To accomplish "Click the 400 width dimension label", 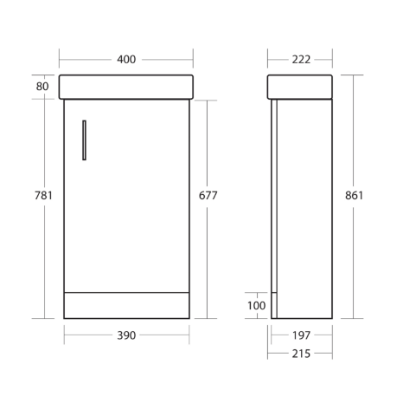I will pos(126,60).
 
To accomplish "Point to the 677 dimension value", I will pos(208,196).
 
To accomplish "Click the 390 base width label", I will pos(126,335).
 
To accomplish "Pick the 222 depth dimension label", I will pos(300,60).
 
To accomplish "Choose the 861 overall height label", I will pos(354,196).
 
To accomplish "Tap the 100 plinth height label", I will pos(256,305).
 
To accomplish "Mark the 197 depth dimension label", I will pos(300,335).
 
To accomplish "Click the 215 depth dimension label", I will pos(300,354).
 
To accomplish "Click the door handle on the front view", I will pos(83,140).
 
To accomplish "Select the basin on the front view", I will pos(126,87).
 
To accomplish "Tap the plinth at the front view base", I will pos(126,305).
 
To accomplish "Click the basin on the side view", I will pos(300,87).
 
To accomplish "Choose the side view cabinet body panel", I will pos(304,208).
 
